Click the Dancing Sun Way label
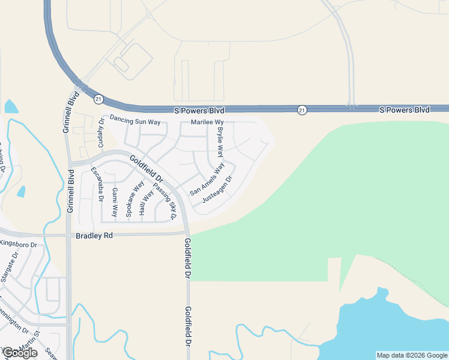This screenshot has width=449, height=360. click(135, 122)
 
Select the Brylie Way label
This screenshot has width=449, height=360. click(220, 139)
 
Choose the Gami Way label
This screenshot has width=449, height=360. click(114, 202)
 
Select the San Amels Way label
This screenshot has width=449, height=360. click(207, 179)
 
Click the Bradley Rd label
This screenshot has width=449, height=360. click(94, 236)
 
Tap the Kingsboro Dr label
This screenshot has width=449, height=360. click(18, 244)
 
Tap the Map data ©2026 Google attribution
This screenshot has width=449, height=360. click(411, 355)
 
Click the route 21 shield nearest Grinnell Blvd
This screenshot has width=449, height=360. click(99, 98)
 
